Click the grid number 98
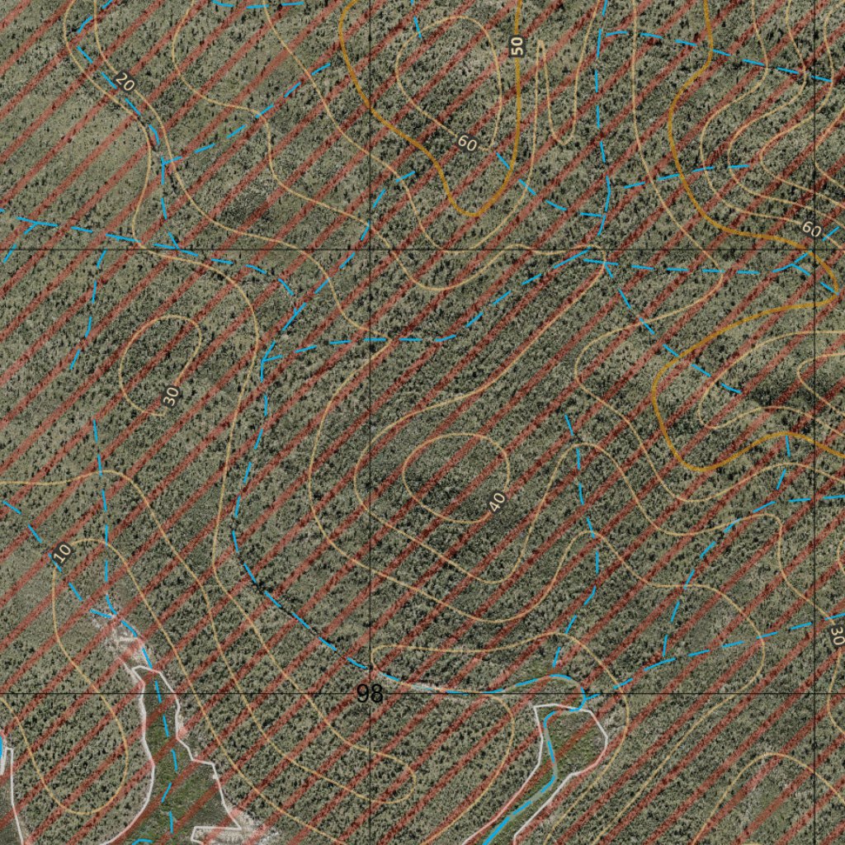pos(371,695)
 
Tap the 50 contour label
pos(517,46)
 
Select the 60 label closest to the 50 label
pos(467,144)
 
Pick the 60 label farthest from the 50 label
pos(811,231)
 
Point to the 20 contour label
pos(125,82)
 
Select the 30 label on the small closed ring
pos(171,396)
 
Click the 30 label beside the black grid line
pos(837,634)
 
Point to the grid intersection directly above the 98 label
pos(370,248)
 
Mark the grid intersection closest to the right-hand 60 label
pos(815,248)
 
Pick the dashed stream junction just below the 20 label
pos(164,160)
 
